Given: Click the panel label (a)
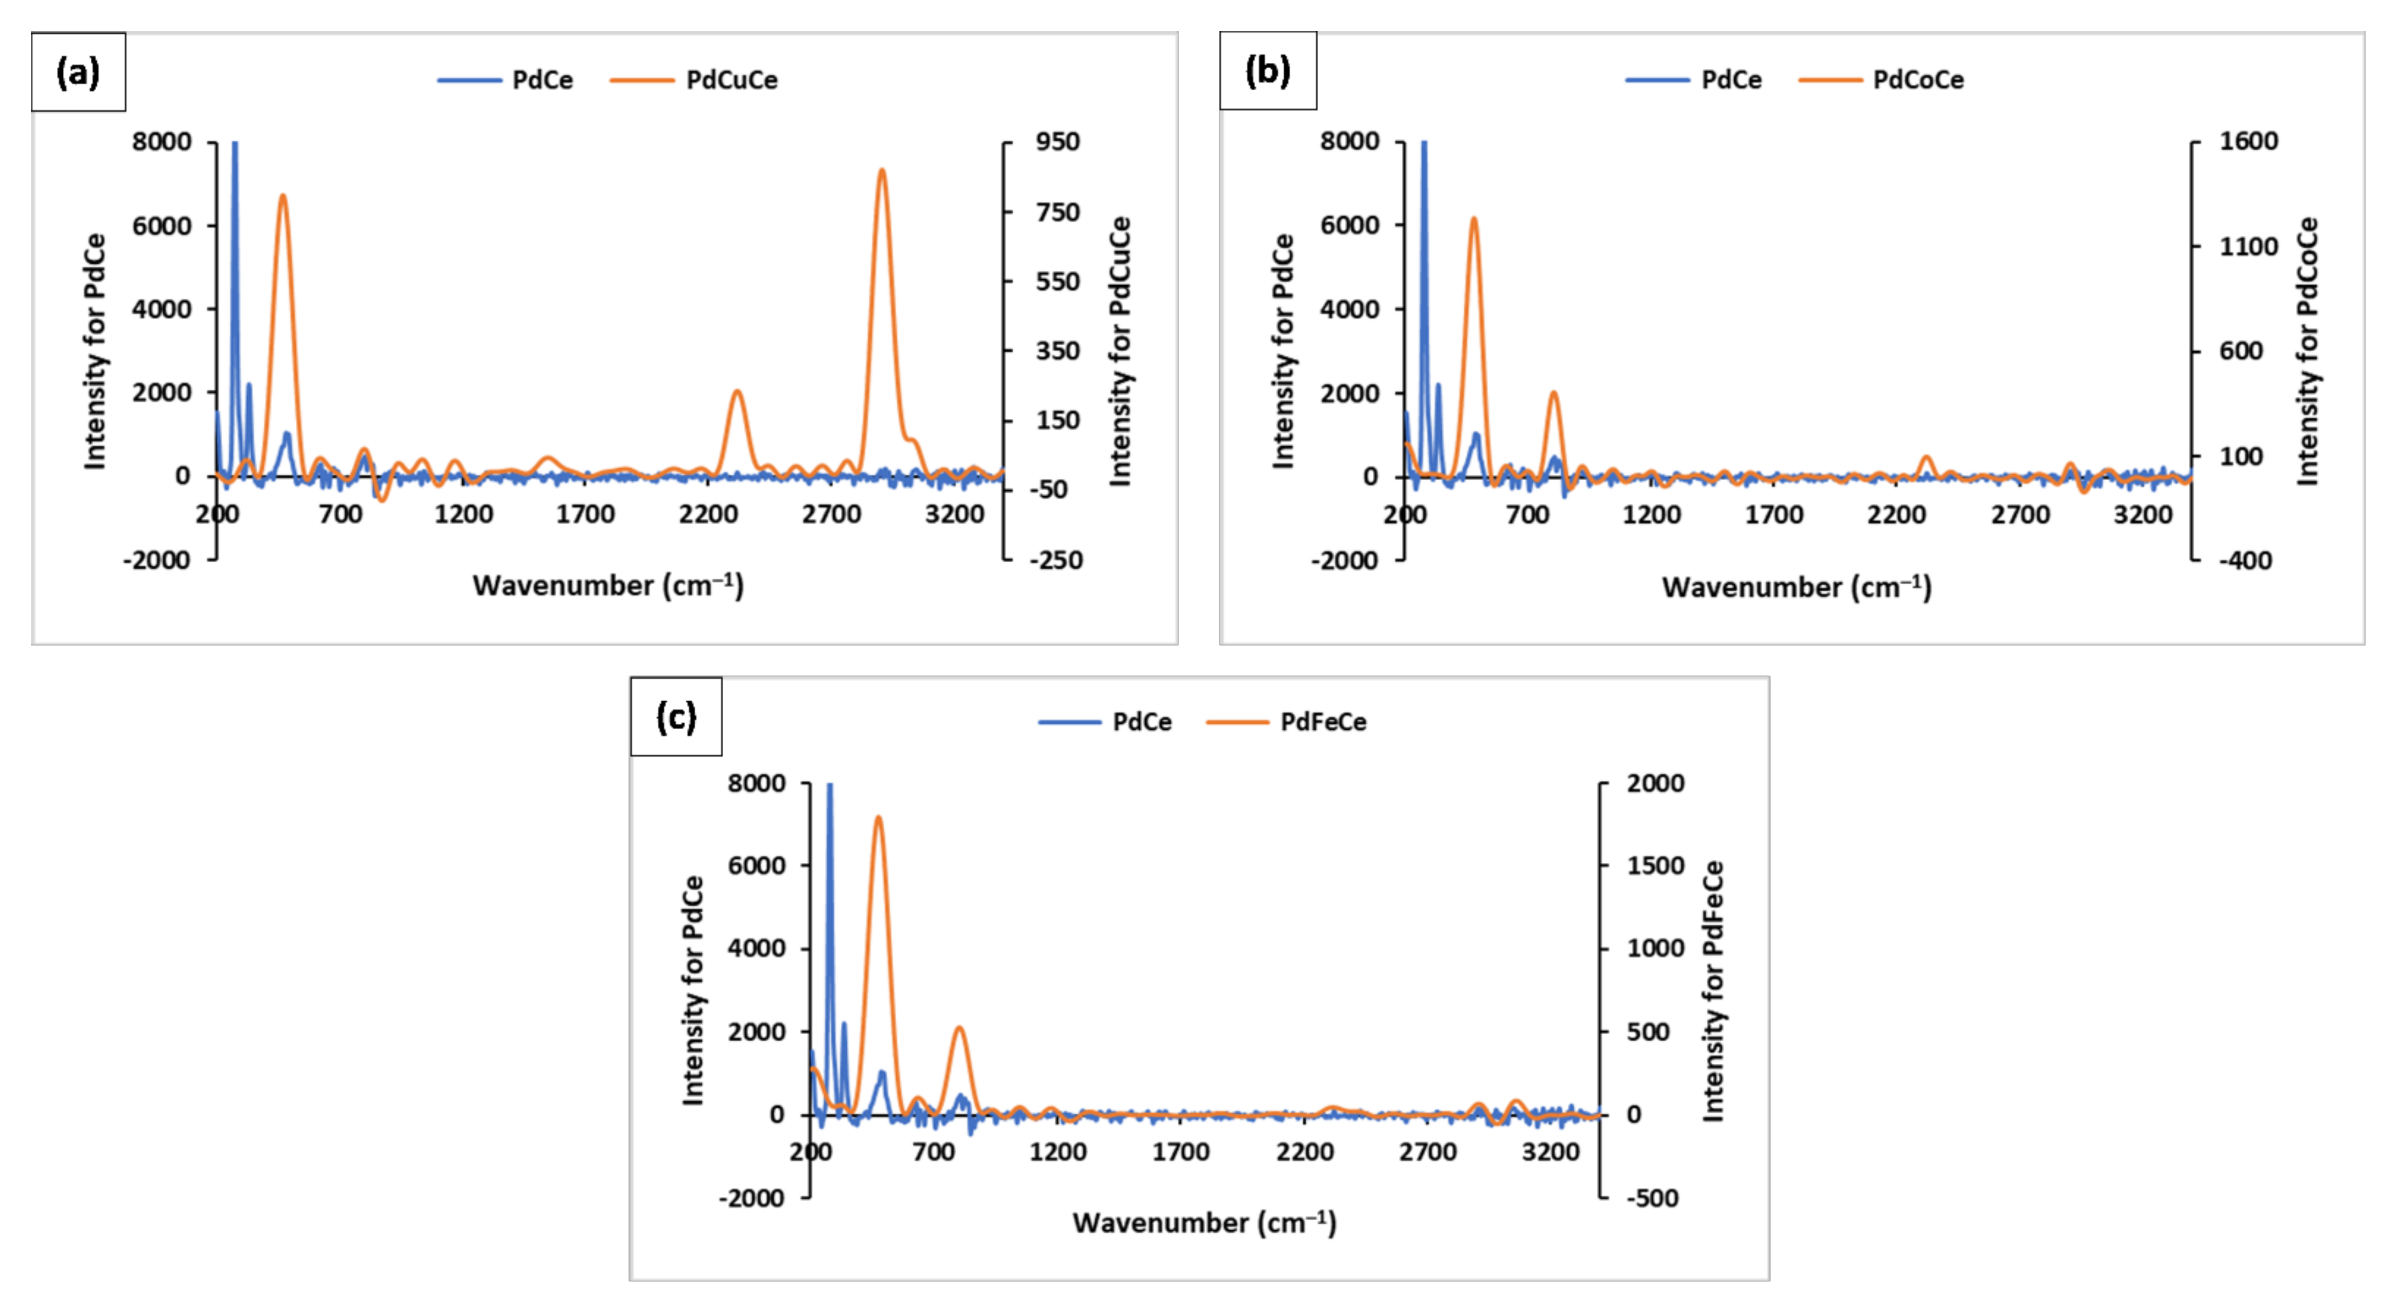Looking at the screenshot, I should point(78,72).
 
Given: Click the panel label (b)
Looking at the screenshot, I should point(1268,71).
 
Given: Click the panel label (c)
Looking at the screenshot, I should point(676,717).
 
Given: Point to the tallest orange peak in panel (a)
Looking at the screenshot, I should point(881,171).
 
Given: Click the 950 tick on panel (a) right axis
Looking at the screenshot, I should point(1057,142).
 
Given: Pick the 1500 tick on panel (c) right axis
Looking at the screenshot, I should point(1654,865).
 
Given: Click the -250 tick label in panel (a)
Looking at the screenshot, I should point(1055,560).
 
